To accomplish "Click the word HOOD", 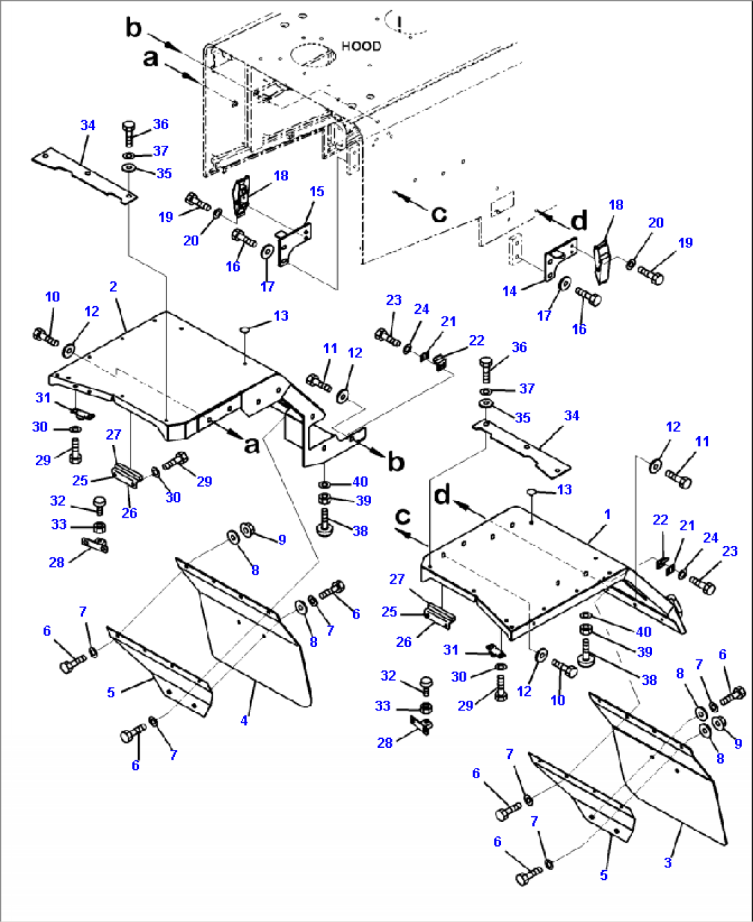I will click(361, 46).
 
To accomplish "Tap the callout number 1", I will click(607, 514).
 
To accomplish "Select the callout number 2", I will click(113, 286).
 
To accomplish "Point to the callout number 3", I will click(667, 863).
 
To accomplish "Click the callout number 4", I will click(244, 720).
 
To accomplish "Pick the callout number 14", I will click(509, 291).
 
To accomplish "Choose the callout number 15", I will click(316, 191).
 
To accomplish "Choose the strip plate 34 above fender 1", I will click(525, 449).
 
